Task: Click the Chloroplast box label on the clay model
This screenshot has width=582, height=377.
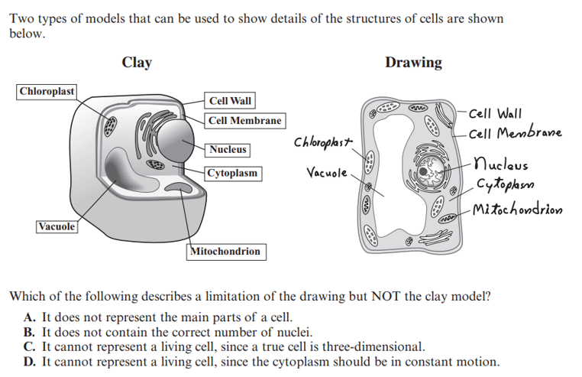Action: [47, 92]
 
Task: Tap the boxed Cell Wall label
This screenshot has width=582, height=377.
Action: [230, 101]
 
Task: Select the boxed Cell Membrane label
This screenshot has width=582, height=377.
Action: [245, 121]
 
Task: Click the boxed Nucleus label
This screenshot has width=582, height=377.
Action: [228, 150]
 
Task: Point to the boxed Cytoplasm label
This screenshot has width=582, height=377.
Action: [233, 174]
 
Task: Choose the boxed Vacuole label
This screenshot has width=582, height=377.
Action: [57, 227]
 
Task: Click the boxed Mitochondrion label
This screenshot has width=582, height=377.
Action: [226, 252]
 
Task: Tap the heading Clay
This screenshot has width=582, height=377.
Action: [137, 63]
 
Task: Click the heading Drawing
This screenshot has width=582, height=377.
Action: [413, 63]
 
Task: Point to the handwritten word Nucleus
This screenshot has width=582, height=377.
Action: [501, 164]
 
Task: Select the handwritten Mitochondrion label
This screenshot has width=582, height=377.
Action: [517, 210]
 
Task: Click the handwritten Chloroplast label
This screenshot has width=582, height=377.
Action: [322, 143]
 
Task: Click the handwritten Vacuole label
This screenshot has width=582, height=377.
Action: [327, 173]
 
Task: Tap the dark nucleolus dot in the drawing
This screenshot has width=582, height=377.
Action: [423, 171]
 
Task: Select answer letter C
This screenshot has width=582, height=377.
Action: [29, 347]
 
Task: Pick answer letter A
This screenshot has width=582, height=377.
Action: [29, 317]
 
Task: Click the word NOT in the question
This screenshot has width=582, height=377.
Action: [383, 297]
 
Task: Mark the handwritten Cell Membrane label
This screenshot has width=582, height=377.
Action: [516, 133]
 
